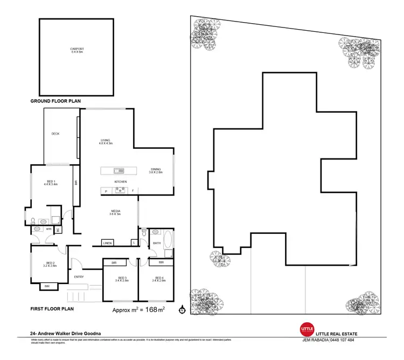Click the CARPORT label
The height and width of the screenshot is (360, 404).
point(77,50)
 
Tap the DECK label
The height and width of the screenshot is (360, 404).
point(55,134)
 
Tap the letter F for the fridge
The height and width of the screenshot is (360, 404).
point(133,191)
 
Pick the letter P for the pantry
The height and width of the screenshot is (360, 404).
point(106,191)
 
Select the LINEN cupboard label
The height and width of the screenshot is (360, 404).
point(107,244)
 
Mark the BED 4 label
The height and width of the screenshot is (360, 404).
point(157,279)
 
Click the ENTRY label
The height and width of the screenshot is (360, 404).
point(79,277)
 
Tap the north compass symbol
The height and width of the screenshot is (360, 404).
point(182,310)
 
